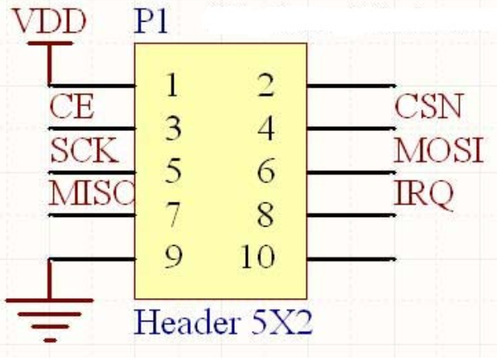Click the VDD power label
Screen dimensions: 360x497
tap(50, 22)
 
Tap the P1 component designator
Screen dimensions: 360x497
tap(150, 22)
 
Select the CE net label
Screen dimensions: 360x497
tap(72, 107)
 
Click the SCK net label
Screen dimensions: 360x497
tap(84, 150)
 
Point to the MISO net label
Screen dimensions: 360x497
tap(91, 194)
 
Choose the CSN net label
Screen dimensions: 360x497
tap(429, 106)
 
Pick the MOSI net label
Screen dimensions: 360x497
tap(439, 149)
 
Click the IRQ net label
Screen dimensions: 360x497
tap(424, 193)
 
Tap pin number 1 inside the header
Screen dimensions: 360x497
tap(170, 85)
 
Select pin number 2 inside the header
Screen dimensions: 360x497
tap(265, 85)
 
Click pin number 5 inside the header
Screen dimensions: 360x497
tap(170, 171)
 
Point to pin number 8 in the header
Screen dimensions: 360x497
tap(265, 215)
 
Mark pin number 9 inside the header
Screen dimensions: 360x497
tap(170, 257)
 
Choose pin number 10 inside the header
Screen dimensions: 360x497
tap(257, 257)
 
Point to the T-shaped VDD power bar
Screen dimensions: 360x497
tap(50, 50)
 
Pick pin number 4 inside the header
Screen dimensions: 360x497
tap(265, 129)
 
